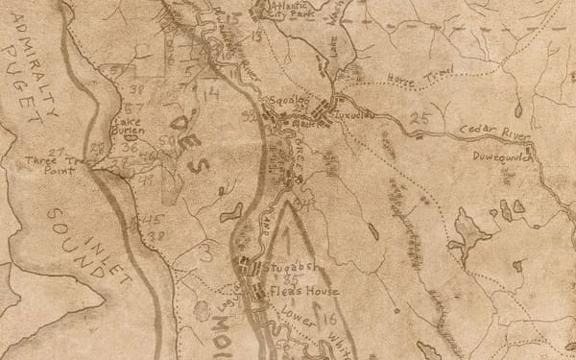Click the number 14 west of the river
point(211,93)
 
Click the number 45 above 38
point(151,222)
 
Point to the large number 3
point(204,252)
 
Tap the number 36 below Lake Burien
point(131,150)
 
